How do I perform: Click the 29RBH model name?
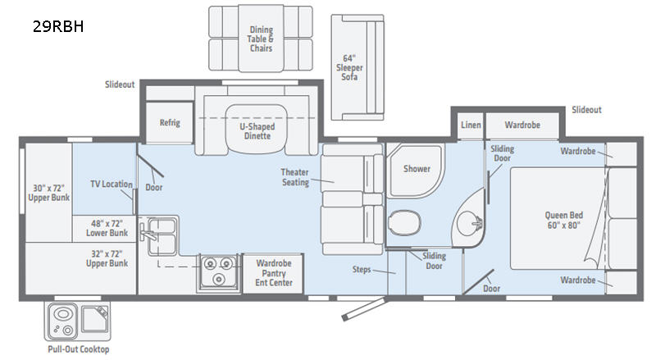click(58, 26)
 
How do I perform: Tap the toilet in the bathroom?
click(404, 221)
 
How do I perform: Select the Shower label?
click(417, 169)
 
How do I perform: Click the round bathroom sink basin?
click(468, 222)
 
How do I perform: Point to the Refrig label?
click(170, 123)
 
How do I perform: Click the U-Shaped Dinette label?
click(257, 131)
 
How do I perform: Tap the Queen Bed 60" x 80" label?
click(563, 221)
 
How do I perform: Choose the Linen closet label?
click(471, 125)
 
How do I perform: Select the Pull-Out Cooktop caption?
click(79, 349)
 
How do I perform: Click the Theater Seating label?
click(295, 177)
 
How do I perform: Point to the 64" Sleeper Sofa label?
click(349, 67)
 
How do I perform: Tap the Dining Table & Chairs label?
click(261, 39)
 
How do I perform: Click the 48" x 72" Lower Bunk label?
click(107, 228)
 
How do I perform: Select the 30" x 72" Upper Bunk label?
click(48, 193)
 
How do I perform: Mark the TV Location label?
click(112, 184)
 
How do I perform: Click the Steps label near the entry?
click(362, 269)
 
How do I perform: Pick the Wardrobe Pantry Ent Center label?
click(274, 273)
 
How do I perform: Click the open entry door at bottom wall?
click(363, 309)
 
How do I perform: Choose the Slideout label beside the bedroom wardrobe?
click(586, 110)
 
